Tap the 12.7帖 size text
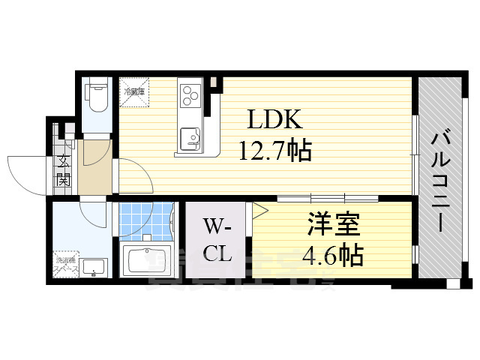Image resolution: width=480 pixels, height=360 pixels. coord(275,152)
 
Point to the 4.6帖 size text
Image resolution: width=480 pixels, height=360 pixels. coord(332,255)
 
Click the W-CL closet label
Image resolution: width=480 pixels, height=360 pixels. coord(217,240)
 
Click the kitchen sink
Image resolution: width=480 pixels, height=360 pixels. coord(189,138)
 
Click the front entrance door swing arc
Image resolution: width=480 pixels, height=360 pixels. coord(24,169)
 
